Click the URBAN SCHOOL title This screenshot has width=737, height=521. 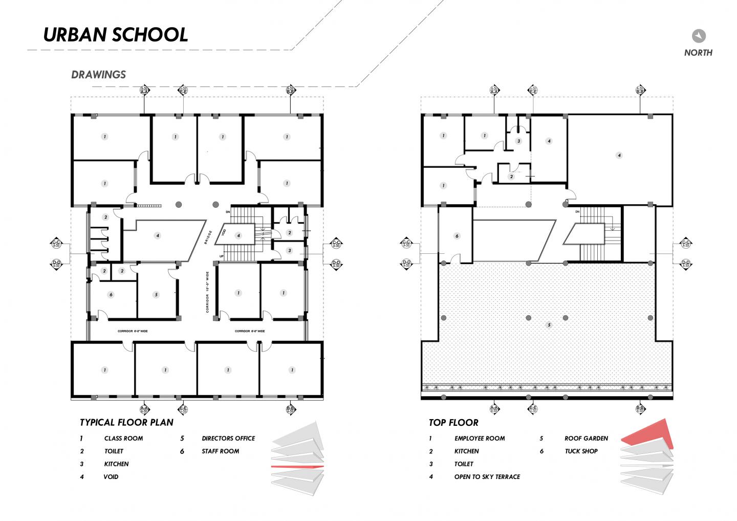(116, 34)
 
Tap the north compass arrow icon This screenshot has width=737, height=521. (699, 36)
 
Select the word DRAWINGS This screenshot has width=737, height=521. (99, 75)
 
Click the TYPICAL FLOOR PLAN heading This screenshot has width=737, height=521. (126, 422)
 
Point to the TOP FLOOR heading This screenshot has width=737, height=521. (453, 423)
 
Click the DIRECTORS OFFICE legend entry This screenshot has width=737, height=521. (228, 439)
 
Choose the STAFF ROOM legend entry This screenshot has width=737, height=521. (220, 451)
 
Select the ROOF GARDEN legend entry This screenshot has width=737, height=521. (586, 439)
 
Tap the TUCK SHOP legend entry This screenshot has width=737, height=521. (581, 451)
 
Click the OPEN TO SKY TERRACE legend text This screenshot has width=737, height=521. (487, 477)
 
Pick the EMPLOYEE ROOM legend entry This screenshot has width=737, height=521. (479, 439)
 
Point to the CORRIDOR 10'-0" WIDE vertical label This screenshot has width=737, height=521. (207, 292)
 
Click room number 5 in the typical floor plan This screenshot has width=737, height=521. (156, 295)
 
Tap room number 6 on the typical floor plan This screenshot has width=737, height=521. (111, 295)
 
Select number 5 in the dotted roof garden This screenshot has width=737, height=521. (549, 325)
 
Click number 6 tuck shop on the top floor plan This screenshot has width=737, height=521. (457, 236)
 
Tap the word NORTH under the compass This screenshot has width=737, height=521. (698, 53)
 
